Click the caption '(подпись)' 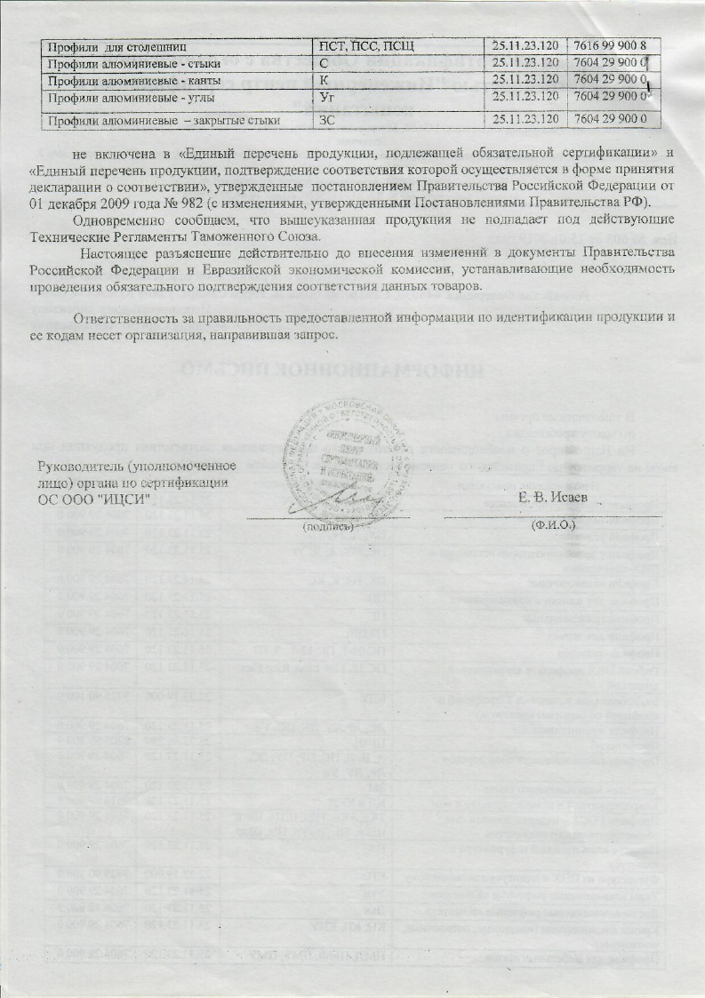pyautogui.click(x=328, y=525)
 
